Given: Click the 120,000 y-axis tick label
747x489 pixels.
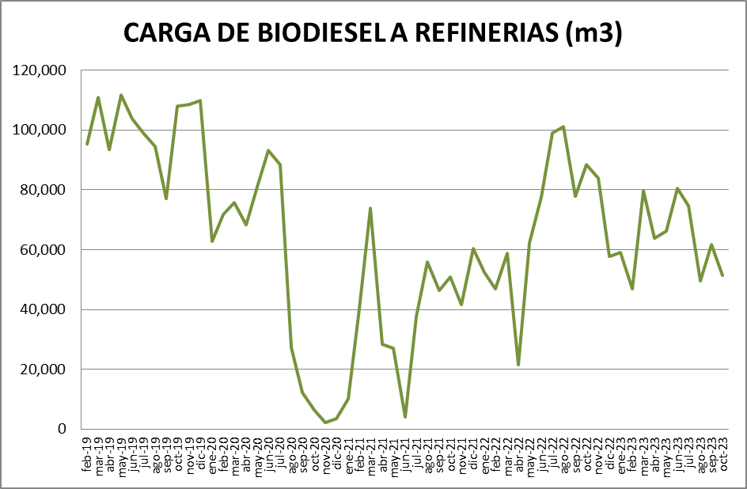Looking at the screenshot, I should [40, 70].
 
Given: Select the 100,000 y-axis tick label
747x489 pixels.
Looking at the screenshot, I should [40, 130].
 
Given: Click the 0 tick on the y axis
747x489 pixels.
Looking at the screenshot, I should [63, 429].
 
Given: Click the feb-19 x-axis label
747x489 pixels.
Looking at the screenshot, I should [86, 453].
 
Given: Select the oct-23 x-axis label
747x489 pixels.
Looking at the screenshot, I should [722, 453].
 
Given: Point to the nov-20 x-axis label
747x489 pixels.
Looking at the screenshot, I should [324, 453].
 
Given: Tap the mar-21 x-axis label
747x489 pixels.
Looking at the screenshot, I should [370, 453].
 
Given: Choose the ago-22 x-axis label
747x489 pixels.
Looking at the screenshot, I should [563, 453].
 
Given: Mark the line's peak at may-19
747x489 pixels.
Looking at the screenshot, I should [121, 95].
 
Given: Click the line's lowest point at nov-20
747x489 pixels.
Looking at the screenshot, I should [324, 423].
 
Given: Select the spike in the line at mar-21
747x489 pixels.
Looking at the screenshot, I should [370, 208].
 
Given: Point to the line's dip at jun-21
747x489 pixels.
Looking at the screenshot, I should [404, 417].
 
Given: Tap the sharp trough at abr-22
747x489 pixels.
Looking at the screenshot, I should [518, 365].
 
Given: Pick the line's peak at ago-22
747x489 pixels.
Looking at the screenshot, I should [563, 127].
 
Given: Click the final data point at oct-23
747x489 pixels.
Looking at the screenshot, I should [722, 275].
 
